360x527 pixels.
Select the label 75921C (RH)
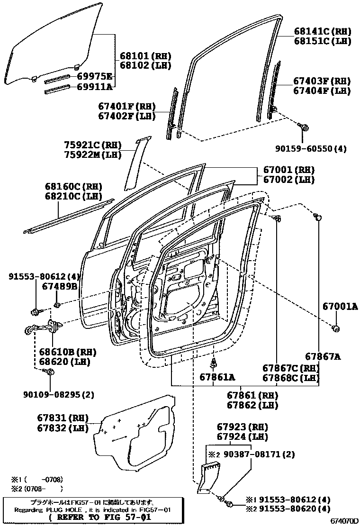[93, 145]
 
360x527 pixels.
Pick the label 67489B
[60, 286]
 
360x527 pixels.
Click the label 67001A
[340, 306]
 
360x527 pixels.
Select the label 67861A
[217, 377]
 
